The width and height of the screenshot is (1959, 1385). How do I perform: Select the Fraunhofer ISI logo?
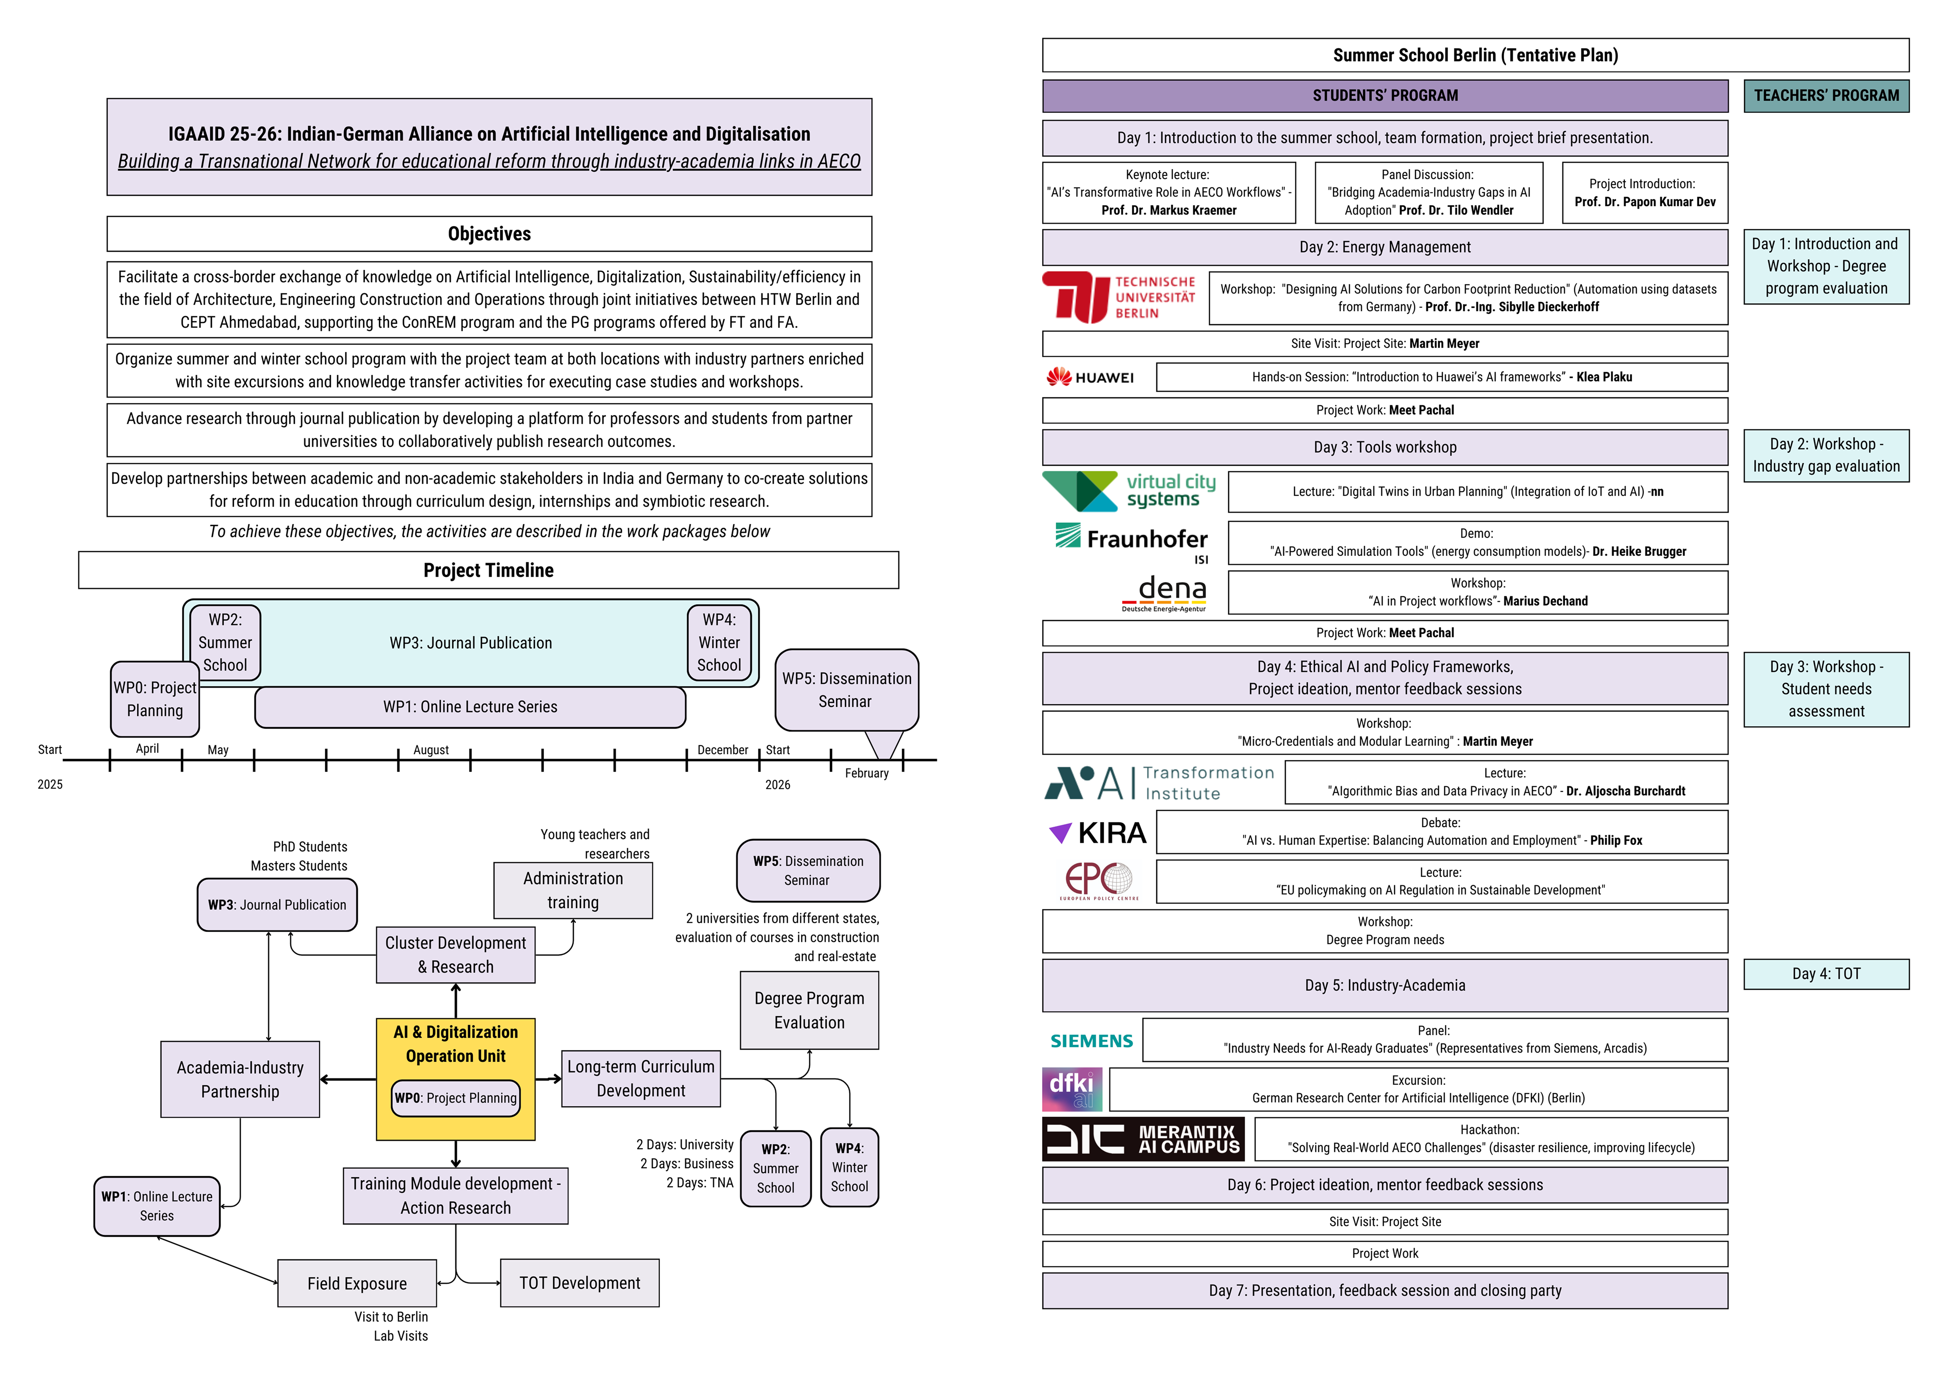(1132, 541)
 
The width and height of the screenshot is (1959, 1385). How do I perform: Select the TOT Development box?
(579, 1283)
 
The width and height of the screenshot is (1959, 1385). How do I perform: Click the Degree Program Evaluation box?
(809, 1011)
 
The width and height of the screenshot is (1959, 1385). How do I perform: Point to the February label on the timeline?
(866, 773)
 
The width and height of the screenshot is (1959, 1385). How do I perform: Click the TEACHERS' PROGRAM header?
(1826, 96)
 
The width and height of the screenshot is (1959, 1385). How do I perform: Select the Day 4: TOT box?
(1826, 974)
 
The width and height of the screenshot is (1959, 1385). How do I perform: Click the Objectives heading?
(489, 234)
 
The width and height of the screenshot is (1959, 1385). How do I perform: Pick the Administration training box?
(572, 890)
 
